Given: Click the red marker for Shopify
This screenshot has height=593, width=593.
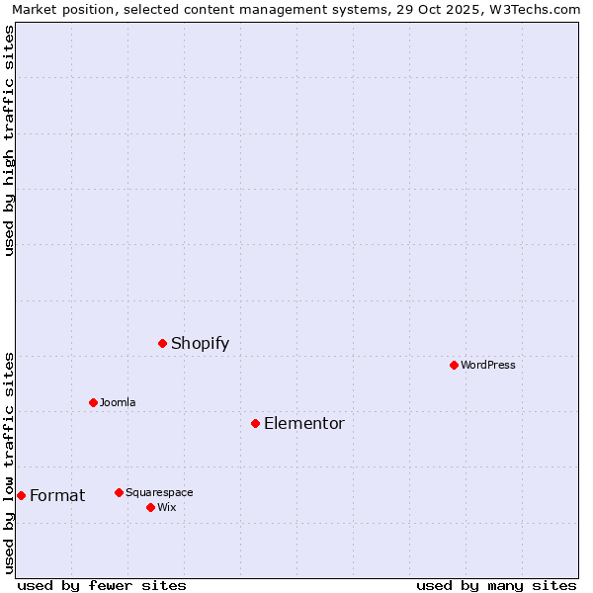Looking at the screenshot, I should (x=162, y=343).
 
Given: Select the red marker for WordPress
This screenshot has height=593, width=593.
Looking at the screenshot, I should (x=454, y=365).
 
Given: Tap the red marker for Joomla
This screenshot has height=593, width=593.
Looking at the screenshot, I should (x=93, y=402).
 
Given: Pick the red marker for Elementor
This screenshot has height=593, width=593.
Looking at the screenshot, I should (x=255, y=423).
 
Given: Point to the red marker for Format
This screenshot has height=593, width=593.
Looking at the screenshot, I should (x=21, y=495).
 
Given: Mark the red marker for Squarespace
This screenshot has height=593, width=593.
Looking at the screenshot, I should (x=119, y=492).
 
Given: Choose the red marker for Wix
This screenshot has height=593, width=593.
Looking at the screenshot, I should (x=150, y=507).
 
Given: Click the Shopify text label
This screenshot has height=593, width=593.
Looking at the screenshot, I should (x=200, y=344).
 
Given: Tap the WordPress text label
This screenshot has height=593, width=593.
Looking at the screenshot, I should (x=488, y=366).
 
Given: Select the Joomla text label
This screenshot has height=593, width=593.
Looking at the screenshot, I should (x=118, y=403).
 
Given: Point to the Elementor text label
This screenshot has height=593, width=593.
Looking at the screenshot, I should (x=304, y=424).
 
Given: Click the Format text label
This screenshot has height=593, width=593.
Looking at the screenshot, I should (x=57, y=496).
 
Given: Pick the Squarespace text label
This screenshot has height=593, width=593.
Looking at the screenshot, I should (x=159, y=493).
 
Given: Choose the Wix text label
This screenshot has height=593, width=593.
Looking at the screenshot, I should (x=167, y=508).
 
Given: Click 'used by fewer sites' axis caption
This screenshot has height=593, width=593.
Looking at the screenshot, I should (x=102, y=585).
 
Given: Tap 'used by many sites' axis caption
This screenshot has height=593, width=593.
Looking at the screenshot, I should (x=496, y=585).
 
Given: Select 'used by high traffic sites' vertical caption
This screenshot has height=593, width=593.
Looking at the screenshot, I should (x=9, y=140).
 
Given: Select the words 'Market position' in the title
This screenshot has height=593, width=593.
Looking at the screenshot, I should (x=61, y=9).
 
